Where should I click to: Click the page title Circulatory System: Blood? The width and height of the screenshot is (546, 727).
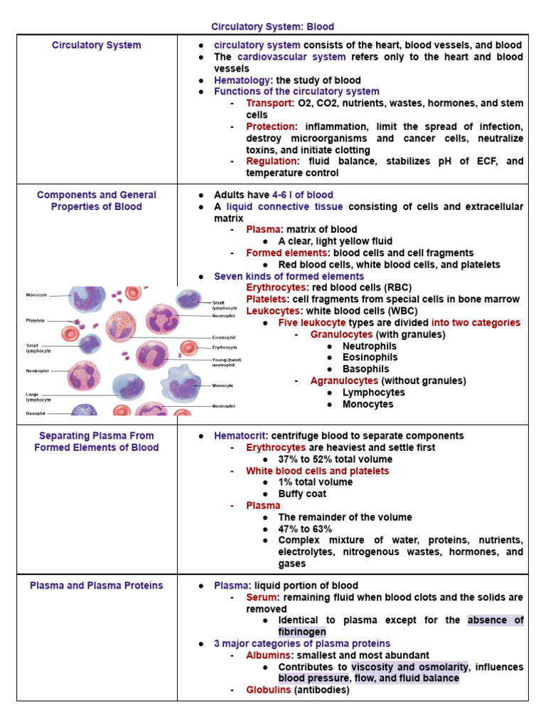tap(272, 27)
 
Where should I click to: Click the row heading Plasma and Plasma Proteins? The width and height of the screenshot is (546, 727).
tap(97, 586)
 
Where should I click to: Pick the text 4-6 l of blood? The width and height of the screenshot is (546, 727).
tap(302, 195)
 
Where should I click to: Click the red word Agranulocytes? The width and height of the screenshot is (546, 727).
tap(344, 381)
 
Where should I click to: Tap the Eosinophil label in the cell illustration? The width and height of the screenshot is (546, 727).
tap(223, 338)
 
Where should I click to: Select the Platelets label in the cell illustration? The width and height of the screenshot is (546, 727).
tap(37, 321)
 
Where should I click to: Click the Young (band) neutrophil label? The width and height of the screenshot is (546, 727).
tap(226, 362)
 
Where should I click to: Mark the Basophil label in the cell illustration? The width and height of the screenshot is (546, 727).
tap(36, 412)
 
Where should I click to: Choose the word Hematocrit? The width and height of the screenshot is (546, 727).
tap(242, 436)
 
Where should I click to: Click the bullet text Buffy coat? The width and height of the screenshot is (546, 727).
tap(301, 494)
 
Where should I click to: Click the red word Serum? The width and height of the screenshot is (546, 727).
tap(261, 597)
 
